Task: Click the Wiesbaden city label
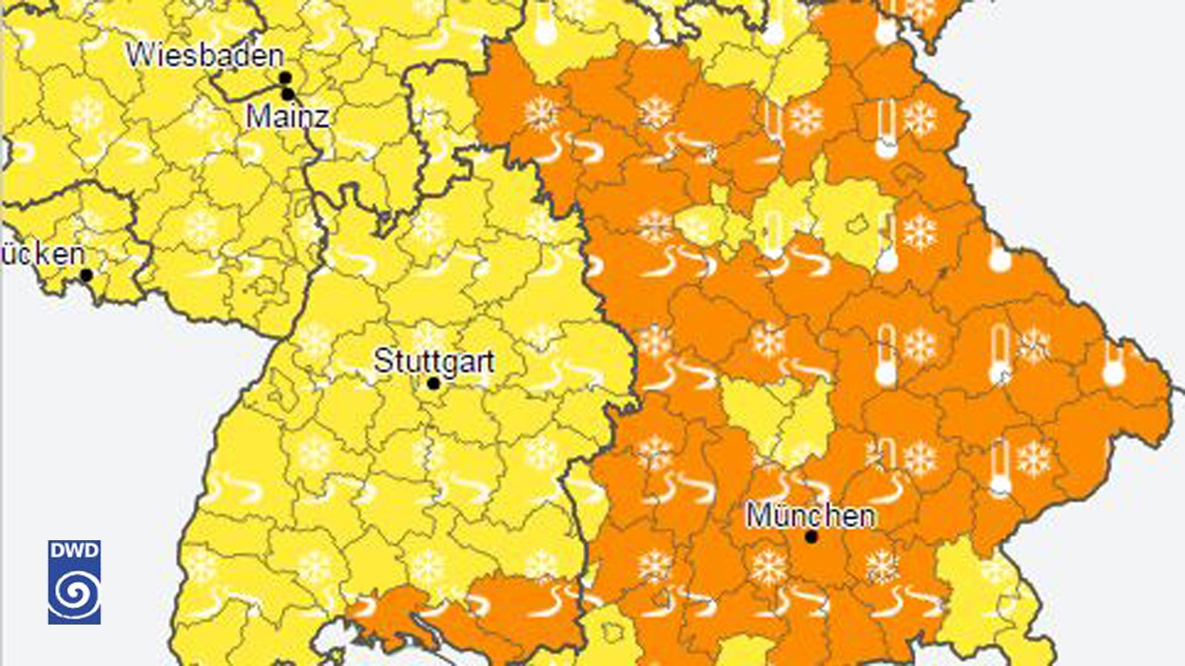pyautogui.click(x=205, y=55)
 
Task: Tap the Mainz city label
pyautogui.click(x=287, y=116)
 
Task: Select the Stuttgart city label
pyautogui.click(x=434, y=361)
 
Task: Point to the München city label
pyautogui.click(x=810, y=515)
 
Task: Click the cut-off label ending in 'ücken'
pyautogui.click(x=43, y=254)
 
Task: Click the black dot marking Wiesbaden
pyautogui.click(x=285, y=78)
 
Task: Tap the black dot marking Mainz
pyautogui.click(x=287, y=94)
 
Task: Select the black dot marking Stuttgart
pyautogui.click(x=433, y=383)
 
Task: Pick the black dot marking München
pyautogui.click(x=811, y=536)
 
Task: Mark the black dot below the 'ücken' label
pyautogui.click(x=86, y=275)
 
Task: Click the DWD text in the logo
pyautogui.click(x=74, y=550)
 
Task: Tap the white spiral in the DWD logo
pyautogui.click(x=74, y=592)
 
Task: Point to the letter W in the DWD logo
pyautogui.click(x=74, y=550)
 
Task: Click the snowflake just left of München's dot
pyautogui.click(x=768, y=566)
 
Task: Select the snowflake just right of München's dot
pyautogui.click(x=882, y=566)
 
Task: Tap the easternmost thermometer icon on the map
pyautogui.click(x=1113, y=365)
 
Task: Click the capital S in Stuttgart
pyautogui.click(x=382, y=361)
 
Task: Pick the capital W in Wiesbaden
pyautogui.click(x=138, y=55)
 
